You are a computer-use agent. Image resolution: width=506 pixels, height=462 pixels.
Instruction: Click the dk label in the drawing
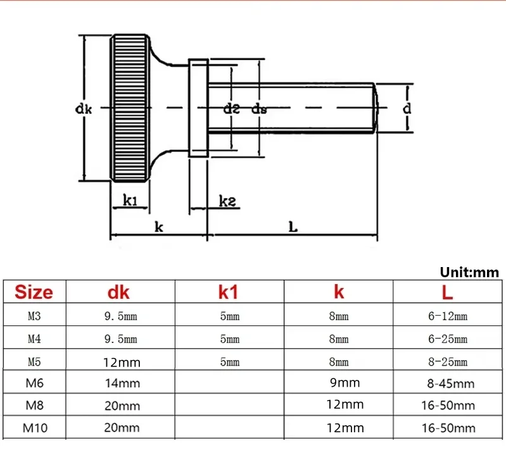pos(84,109)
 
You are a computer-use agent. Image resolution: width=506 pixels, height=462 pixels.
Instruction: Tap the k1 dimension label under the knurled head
pos(130,200)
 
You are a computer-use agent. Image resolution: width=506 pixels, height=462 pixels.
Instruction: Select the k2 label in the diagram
pos(227,201)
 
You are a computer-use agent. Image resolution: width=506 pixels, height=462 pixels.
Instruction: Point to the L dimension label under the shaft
pos(293,227)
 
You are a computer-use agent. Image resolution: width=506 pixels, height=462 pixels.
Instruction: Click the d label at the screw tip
pos(407,108)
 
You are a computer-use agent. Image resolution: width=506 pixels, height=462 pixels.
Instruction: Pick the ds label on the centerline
pos(260,109)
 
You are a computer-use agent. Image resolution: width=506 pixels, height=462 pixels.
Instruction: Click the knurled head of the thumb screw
pos(130,108)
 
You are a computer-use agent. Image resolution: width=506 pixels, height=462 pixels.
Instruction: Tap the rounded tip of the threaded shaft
pos(376,108)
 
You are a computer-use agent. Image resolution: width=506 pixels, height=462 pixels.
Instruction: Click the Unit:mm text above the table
pos(469,272)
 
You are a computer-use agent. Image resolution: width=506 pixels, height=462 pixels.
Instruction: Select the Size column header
pos(34,292)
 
